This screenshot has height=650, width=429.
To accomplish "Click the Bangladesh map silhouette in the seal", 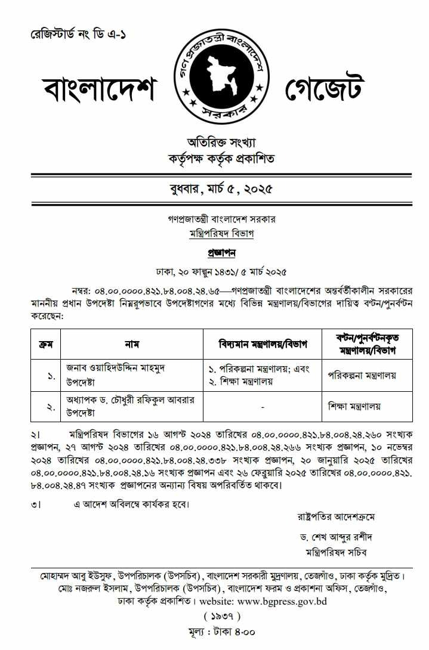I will pos(220,78).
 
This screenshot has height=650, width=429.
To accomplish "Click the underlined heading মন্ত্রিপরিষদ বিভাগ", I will pos(218,234).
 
